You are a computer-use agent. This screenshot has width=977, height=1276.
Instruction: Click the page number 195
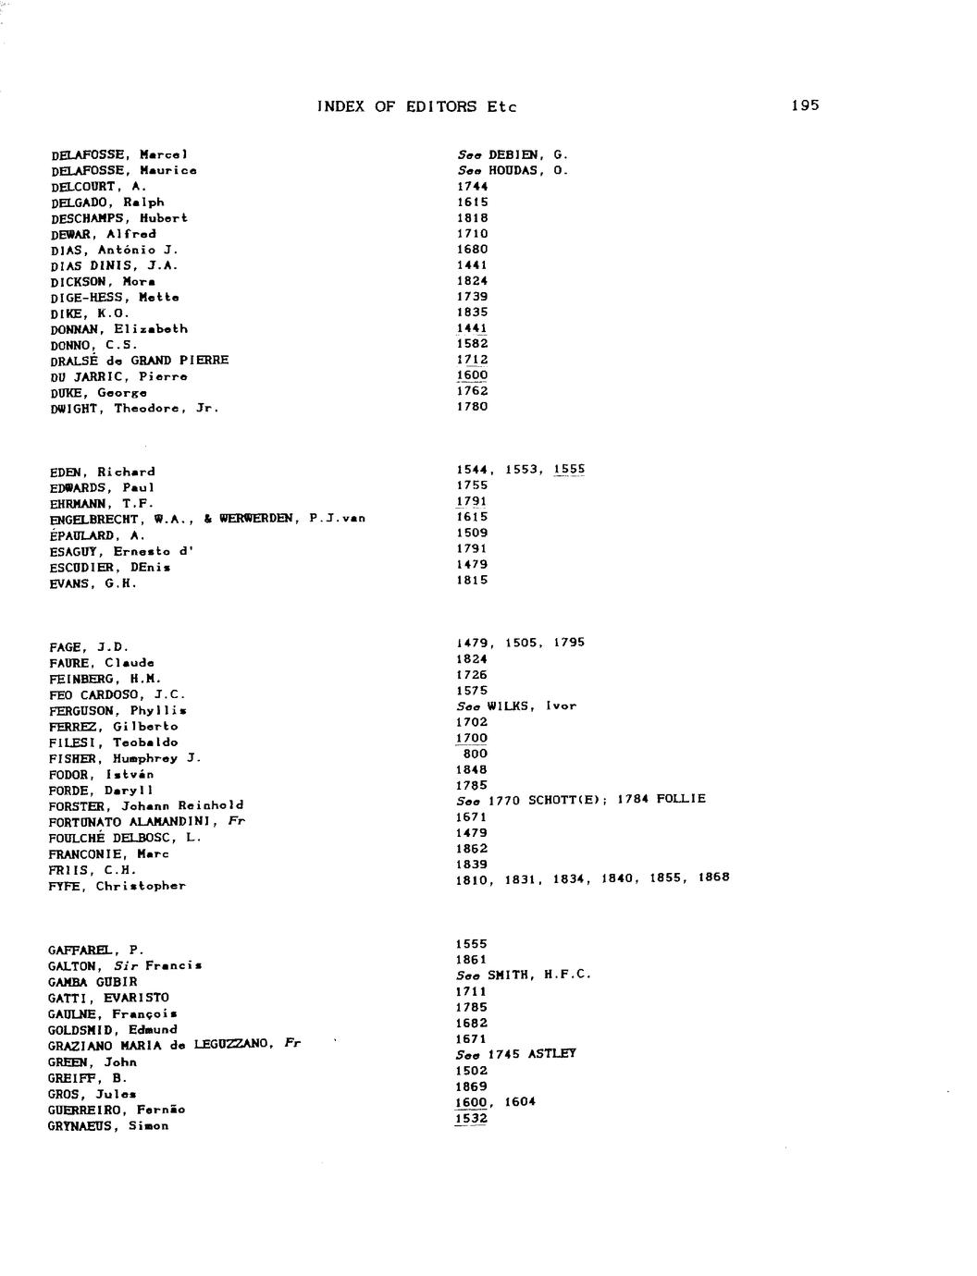[805, 105]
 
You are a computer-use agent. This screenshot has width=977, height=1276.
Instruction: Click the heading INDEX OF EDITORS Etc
[416, 106]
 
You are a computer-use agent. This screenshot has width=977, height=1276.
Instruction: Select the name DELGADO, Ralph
[108, 202]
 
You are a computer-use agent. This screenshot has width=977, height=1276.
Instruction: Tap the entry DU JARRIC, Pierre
[119, 376]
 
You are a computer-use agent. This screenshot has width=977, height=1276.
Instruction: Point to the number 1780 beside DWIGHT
[472, 406]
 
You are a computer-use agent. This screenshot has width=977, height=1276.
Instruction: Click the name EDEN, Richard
[103, 472]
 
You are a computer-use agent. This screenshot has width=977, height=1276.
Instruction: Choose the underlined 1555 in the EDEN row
[569, 469]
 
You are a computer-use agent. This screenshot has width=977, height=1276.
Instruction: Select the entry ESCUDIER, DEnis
[110, 568]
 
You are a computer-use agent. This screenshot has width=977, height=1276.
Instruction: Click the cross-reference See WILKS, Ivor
[516, 705]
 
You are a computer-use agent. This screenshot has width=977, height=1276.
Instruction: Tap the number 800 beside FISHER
[474, 754]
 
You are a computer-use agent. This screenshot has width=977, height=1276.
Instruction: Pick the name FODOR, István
[102, 774]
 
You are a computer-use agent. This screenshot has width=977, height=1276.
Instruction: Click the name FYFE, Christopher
[117, 886]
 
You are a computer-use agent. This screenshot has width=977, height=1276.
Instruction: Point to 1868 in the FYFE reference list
[713, 877]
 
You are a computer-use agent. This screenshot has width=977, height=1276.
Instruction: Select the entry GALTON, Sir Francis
[125, 966]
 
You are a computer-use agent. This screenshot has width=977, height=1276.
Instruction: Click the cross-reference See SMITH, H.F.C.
[523, 975]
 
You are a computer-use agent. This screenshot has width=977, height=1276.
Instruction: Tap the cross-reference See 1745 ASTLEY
[515, 1053]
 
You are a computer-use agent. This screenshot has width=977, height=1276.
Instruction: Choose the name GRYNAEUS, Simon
[108, 1126]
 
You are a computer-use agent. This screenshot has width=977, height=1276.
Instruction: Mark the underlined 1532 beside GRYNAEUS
[472, 1118]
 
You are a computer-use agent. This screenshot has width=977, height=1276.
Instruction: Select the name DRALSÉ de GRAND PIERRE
[140, 360]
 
